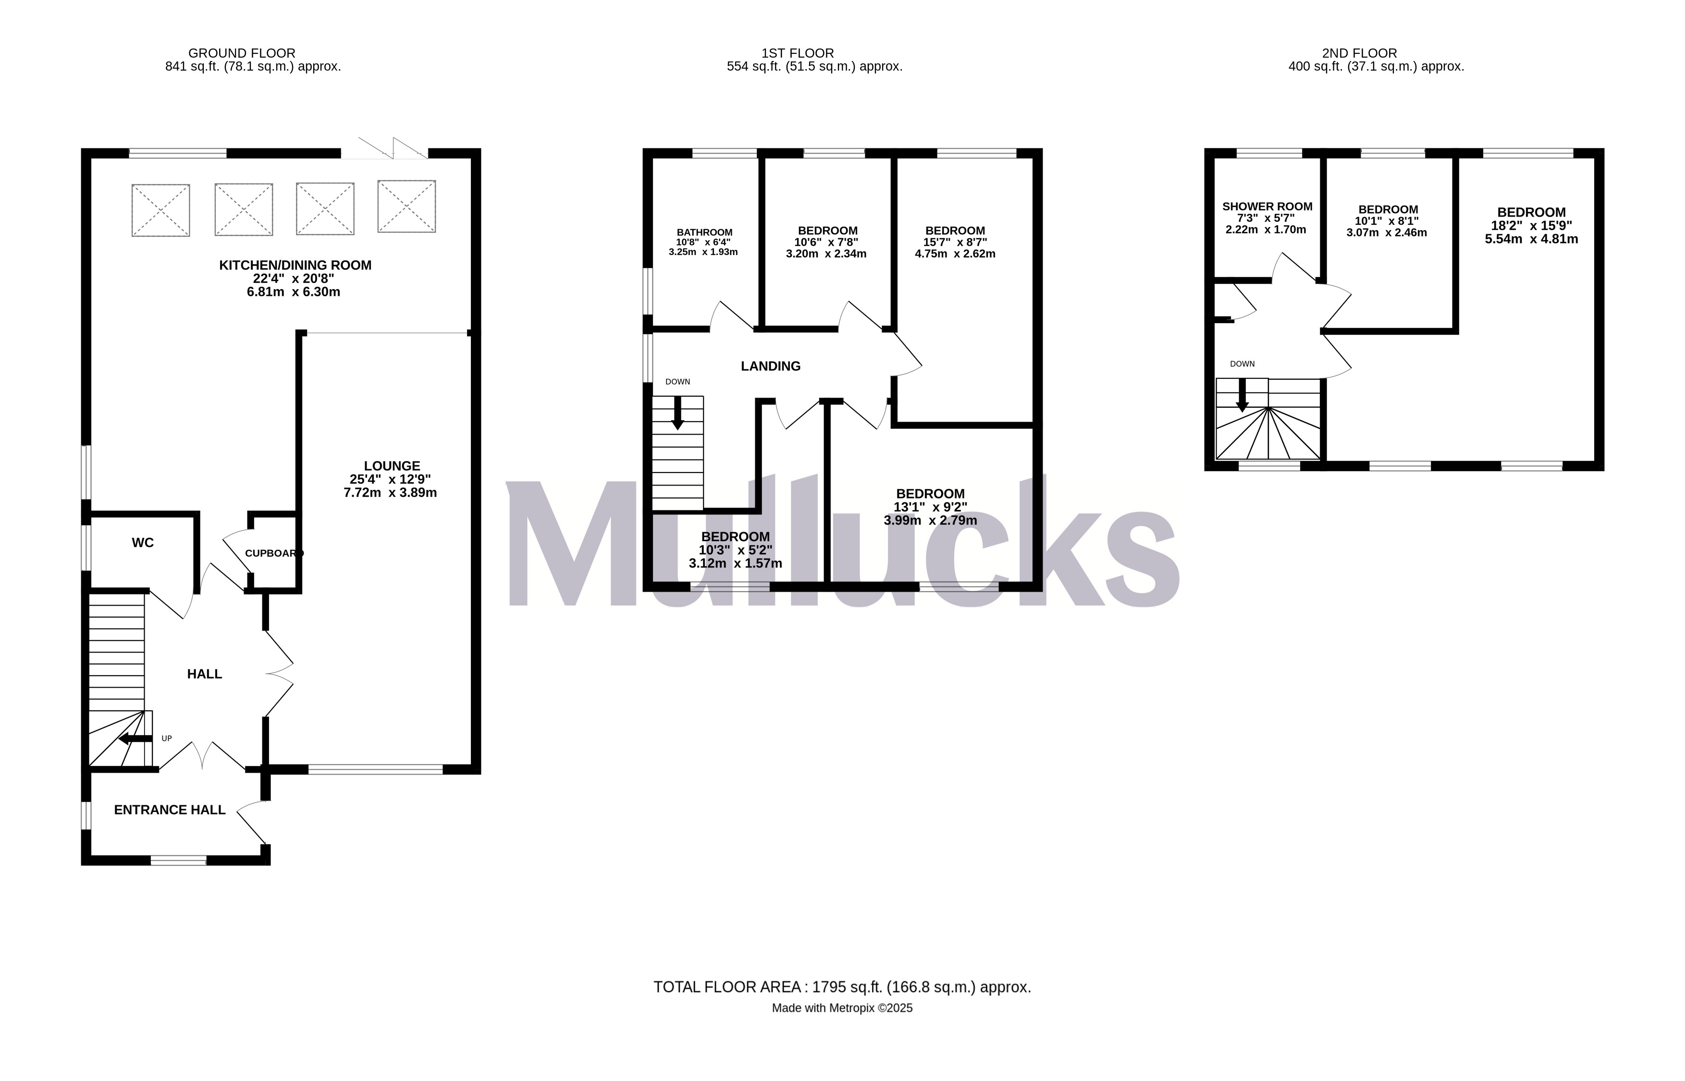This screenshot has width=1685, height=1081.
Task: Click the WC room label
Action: tap(143, 543)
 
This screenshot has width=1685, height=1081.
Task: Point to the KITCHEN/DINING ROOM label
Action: tap(295, 266)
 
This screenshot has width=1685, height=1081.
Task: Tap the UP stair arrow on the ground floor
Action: tap(135, 739)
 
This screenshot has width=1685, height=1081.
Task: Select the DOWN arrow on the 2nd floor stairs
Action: tap(1242, 395)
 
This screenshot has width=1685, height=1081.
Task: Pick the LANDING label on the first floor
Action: tap(770, 366)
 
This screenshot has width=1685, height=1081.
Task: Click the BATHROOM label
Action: tap(704, 232)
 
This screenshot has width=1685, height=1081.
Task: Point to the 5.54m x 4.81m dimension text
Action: tap(1531, 239)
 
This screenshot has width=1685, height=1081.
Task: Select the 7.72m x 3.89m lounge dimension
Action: tap(390, 493)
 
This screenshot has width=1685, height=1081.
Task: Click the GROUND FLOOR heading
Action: tap(242, 53)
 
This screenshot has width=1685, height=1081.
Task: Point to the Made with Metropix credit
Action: tap(842, 1008)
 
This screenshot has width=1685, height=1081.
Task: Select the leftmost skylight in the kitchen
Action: tap(161, 210)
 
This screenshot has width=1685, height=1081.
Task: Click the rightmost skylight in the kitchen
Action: tap(406, 206)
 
